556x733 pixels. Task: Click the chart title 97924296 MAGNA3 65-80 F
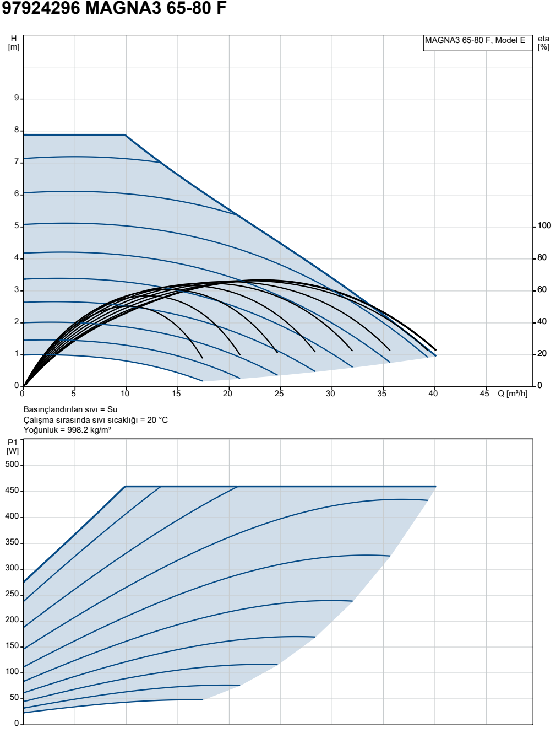[114, 8]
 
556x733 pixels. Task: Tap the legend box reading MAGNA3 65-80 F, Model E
[478, 43]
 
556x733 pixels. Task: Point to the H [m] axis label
[14, 43]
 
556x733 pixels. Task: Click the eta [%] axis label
[543, 43]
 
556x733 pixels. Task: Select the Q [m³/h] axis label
[513, 394]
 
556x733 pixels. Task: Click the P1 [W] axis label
[13, 447]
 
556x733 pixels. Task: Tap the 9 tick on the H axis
[17, 98]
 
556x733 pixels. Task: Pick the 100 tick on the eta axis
[544, 226]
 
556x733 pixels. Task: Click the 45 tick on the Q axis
[484, 394]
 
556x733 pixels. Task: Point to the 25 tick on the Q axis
[279, 394]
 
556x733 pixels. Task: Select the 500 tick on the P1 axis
[12, 465]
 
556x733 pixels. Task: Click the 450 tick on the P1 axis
[12, 491]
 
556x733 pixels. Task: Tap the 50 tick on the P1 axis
[14, 697]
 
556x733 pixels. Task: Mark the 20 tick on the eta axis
[542, 354]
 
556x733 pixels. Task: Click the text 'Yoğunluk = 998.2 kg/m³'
[67, 430]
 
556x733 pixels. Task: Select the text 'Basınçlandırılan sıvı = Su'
[70, 409]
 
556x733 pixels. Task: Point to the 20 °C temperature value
[157, 420]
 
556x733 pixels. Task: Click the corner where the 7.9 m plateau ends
[125, 134]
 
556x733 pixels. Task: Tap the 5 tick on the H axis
[17, 226]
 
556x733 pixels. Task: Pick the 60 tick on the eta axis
[542, 289]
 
